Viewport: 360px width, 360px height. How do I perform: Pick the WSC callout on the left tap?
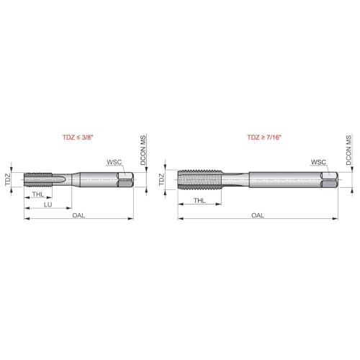coord(114,162)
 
